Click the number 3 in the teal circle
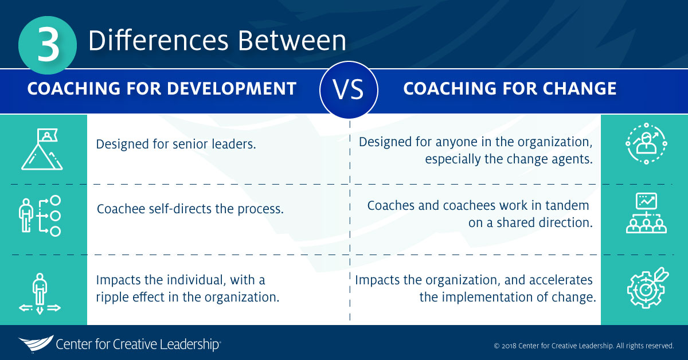tap(48, 45)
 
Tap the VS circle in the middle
tap(349, 89)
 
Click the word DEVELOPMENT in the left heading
tap(232, 88)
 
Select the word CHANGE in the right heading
tap(579, 88)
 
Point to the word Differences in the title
tap(158, 41)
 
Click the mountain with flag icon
tap(42, 149)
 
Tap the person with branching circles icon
tap(40, 216)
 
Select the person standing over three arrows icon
tap(40, 294)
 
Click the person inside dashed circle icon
tap(646, 143)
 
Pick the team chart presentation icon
tap(646, 213)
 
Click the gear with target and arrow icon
tap(648, 288)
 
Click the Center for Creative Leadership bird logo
tap(36, 343)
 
